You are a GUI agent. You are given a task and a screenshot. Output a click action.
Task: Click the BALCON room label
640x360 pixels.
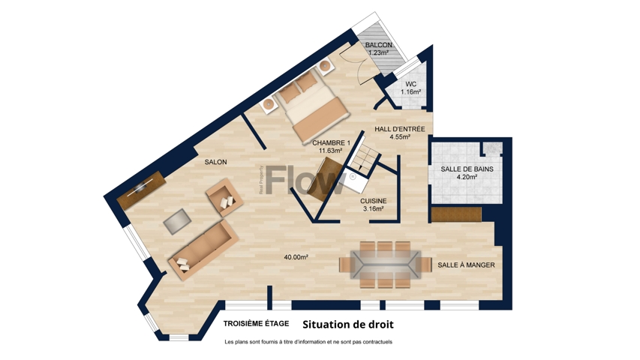point(378,45)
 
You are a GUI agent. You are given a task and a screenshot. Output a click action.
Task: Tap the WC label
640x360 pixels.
point(411,84)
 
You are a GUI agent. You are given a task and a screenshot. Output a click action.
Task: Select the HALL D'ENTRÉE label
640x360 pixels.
point(400,129)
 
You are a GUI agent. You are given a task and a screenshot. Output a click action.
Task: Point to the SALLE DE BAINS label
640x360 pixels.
point(467,169)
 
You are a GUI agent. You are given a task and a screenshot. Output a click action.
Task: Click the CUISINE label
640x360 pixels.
point(373,201)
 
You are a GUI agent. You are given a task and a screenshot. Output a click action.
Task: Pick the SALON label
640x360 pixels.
point(215,162)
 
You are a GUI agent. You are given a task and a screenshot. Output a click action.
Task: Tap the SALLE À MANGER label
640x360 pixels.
point(466,265)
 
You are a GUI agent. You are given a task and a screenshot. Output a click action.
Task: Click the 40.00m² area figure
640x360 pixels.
point(296,257)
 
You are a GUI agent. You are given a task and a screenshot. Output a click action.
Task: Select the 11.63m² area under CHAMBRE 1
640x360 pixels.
point(330,151)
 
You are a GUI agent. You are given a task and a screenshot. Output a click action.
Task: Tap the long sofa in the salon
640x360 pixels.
point(203,250)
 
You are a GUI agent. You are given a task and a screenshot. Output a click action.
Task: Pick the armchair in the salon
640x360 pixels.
point(224,197)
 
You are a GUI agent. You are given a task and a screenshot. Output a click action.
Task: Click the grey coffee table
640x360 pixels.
point(177,221)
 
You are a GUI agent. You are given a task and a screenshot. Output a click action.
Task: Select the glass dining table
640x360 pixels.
point(386,265)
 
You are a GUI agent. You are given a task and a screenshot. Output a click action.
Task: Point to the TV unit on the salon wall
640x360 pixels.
point(141,190)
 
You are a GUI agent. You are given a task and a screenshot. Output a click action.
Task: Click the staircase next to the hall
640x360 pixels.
point(365,157)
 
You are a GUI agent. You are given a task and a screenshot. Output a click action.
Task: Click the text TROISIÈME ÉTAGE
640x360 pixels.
point(256,324)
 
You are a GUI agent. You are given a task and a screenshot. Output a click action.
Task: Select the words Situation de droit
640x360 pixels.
point(348,325)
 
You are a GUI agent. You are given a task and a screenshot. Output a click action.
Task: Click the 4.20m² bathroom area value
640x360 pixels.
point(467,177)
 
